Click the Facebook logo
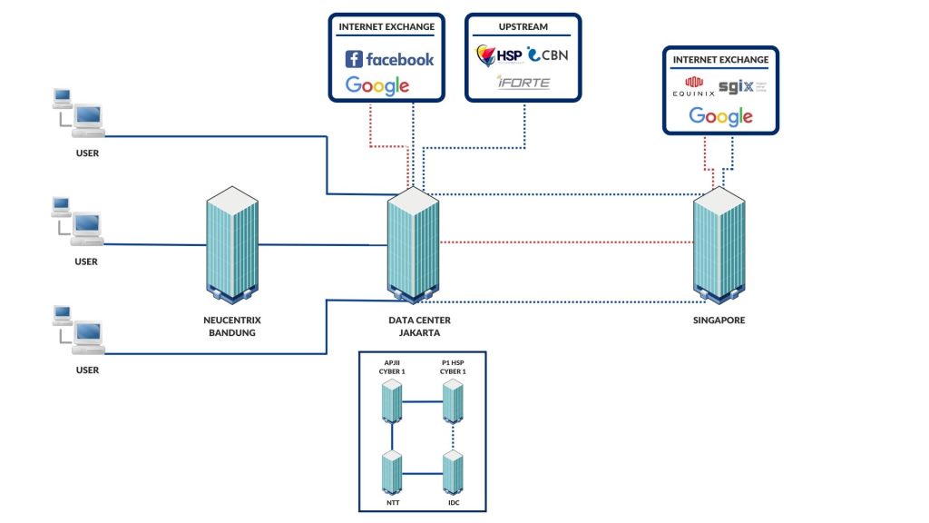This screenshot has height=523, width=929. coord(389,60)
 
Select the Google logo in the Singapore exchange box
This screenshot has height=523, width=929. coord(720,116)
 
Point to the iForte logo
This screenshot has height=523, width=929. coord(523,84)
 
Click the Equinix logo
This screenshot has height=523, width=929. coord(693,88)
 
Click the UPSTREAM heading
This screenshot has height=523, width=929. coord(523,27)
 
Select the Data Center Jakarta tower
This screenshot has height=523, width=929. coord(414,244)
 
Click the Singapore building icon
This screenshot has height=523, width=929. coord(719,244)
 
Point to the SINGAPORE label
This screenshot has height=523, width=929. coord(719,321)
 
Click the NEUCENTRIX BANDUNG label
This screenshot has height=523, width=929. coord(230,326)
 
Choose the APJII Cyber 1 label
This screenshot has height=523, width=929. coord(392,367)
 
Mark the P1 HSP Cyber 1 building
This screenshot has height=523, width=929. coord(453,400)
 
